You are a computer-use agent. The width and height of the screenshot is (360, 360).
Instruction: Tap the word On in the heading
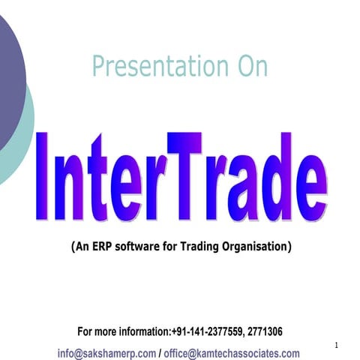[248, 66]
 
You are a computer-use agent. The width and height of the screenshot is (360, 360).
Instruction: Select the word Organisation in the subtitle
[256, 245]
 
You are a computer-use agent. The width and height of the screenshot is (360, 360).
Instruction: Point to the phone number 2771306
[262, 331]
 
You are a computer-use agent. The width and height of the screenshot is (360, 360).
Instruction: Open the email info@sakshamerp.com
[107, 353]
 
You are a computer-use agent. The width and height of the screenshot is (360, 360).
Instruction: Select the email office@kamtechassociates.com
[232, 353]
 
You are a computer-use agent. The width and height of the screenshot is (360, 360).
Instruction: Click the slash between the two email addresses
[160, 353]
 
